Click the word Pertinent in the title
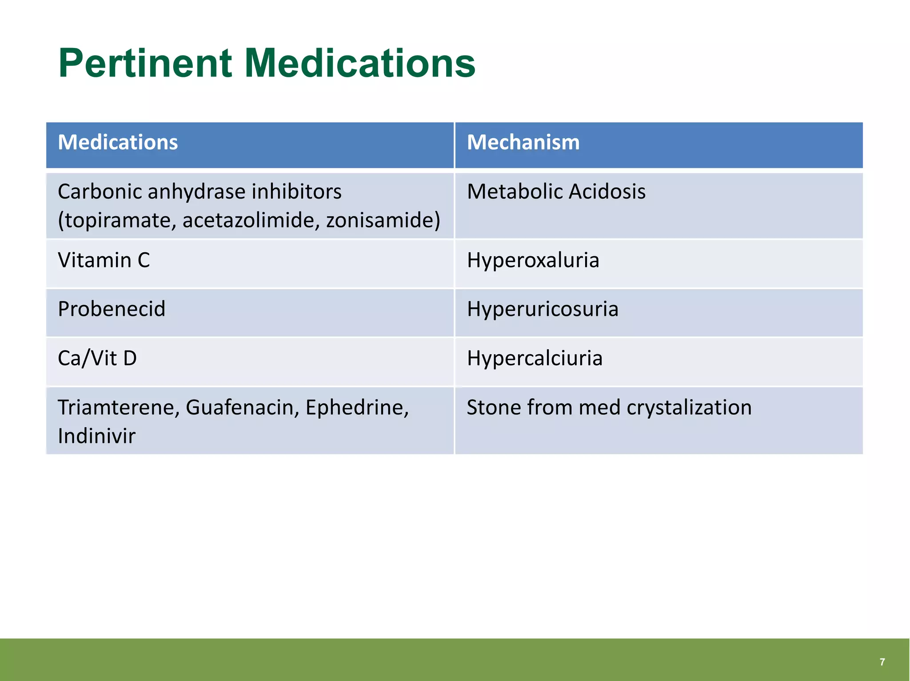click(145, 64)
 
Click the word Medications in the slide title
click(359, 64)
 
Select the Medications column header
click(118, 143)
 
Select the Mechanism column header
click(523, 143)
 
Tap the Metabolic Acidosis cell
click(556, 192)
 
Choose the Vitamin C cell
click(104, 260)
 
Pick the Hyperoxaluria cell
click(533, 260)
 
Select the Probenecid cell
click(112, 309)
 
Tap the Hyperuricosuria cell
click(542, 309)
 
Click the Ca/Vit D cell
click(97, 358)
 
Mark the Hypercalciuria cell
click(535, 358)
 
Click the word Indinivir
click(96, 436)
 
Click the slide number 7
click(882, 662)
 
